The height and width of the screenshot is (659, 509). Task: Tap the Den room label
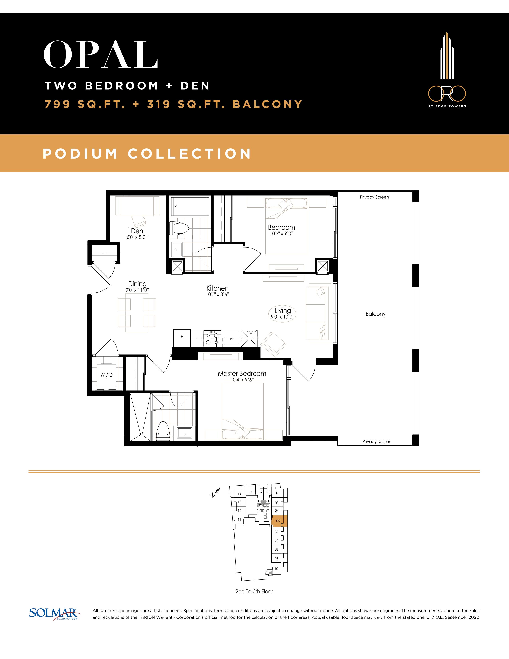point(137,231)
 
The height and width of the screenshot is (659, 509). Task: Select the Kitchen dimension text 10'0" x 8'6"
point(217,295)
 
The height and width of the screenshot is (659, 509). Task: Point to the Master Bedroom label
point(242,374)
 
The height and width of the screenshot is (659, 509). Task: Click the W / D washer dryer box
point(106,375)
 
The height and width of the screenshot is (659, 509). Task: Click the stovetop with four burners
point(213,338)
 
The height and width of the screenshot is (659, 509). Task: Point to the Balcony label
point(375,314)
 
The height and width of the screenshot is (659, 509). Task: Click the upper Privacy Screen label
point(374,197)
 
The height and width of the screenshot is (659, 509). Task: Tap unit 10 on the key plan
point(276,569)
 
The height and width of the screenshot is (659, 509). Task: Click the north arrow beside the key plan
point(215,492)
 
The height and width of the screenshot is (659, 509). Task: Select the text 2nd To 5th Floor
point(254,592)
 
